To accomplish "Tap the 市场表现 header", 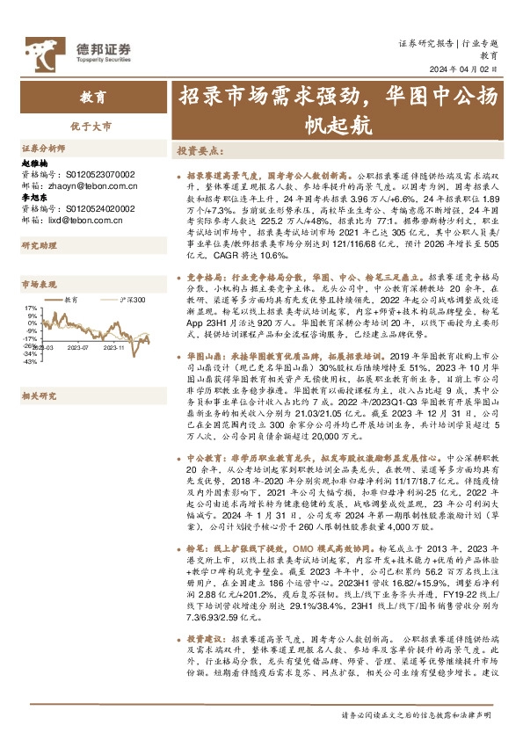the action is click(x=38, y=284).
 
